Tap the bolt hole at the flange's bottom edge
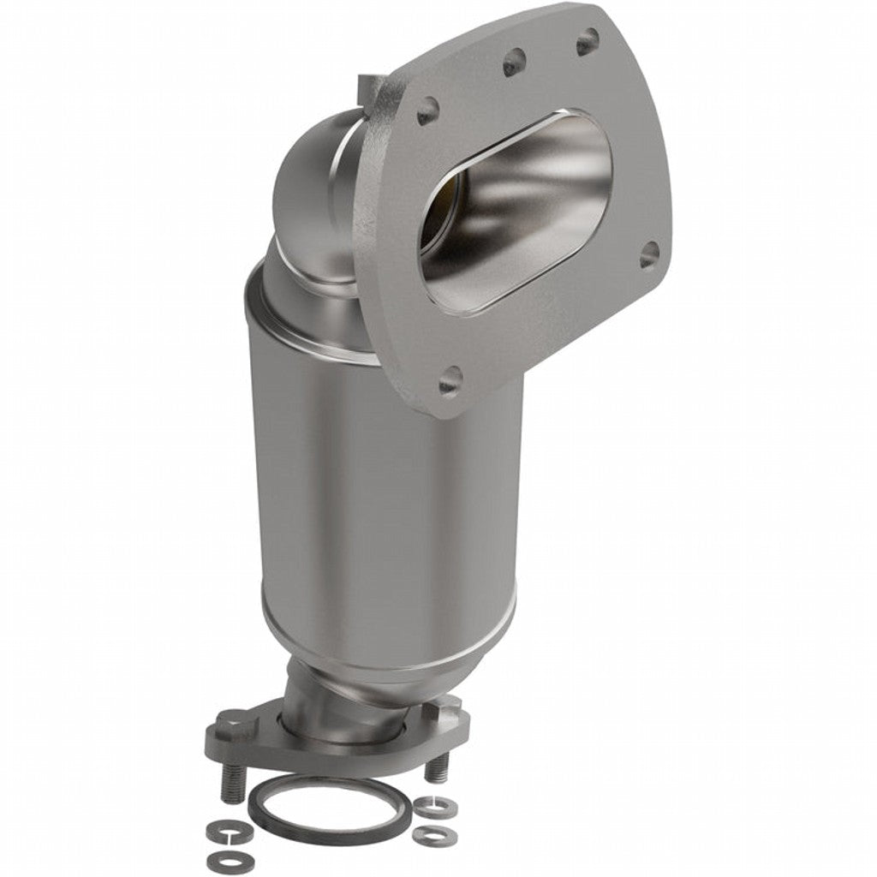click(x=450, y=380)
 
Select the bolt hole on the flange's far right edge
click(x=649, y=254)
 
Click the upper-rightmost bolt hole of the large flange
click(x=588, y=41)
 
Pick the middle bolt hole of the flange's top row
click(x=514, y=61)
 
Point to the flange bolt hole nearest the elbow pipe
click(x=427, y=110)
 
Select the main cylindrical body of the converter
click(x=385, y=480)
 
